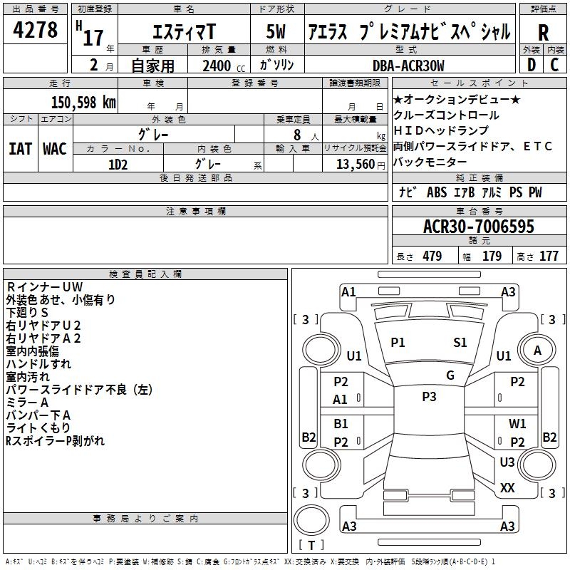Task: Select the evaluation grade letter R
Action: (x=543, y=32)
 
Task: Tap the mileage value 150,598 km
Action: (x=83, y=102)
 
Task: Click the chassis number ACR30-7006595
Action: (x=478, y=227)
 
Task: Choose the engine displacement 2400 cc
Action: (x=217, y=66)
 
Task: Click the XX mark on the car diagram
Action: (x=507, y=488)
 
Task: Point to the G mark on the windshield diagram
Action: (x=450, y=375)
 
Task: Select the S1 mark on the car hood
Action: (x=460, y=343)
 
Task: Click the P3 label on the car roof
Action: (x=429, y=397)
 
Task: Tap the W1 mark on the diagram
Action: (x=517, y=424)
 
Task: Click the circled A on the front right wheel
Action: (x=538, y=350)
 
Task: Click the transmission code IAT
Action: (x=20, y=149)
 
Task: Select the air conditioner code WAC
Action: (x=54, y=149)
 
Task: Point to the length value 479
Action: (x=430, y=256)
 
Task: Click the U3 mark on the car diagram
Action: (x=507, y=462)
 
